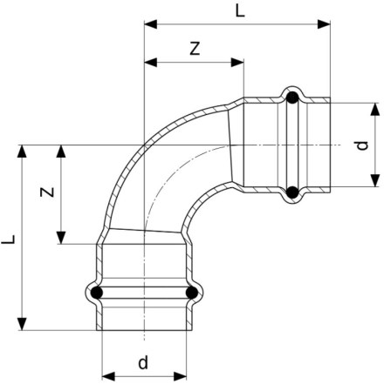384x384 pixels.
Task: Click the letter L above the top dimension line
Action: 240,11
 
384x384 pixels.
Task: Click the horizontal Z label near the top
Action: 195,49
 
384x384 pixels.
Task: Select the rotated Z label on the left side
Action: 47,192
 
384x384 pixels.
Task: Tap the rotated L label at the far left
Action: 9,239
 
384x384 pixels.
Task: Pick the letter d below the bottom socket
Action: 143,362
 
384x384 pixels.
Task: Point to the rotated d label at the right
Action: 362,145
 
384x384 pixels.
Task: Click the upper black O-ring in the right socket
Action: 292,98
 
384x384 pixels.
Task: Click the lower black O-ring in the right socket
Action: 292,192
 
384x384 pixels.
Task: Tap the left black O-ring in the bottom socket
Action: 97,293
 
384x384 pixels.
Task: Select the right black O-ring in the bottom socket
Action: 192,293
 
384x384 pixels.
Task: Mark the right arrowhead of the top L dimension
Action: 324,24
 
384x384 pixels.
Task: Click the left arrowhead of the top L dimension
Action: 151,24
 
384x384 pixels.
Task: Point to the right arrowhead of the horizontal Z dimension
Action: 237,62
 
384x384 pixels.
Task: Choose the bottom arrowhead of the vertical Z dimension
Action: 61,238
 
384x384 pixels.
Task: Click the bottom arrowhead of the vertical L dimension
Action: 22,324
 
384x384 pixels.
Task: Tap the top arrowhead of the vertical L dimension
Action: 22,152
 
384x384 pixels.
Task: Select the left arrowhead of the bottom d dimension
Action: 109,377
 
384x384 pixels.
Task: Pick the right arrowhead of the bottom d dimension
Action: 180,377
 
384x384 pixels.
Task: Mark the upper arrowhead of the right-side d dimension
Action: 375,110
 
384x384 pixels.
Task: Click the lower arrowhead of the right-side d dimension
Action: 375,180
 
